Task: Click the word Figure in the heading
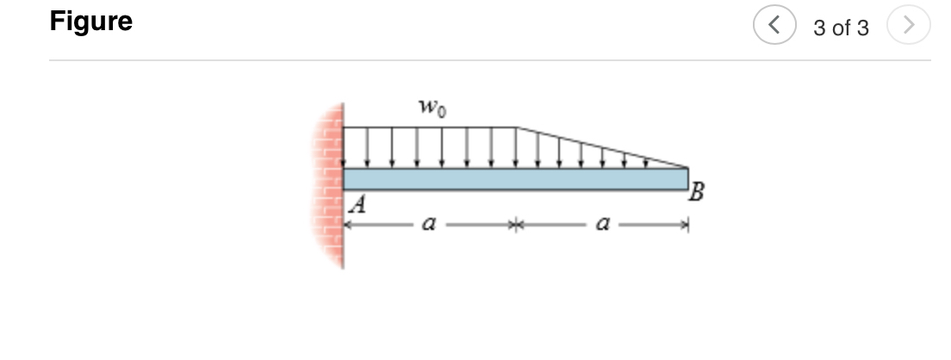pos(91,22)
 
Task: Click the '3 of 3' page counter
pos(841,28)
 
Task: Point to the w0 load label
pos(431,109)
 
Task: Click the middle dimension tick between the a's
pos(515,226)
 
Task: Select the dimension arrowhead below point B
pos(684,226)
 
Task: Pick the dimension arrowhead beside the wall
pos(349,226)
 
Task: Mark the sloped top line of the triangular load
pos(603,147)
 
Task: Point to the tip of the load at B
pos(687,167)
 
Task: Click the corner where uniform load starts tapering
pos(516,127)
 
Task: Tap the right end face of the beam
pos(687,179)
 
